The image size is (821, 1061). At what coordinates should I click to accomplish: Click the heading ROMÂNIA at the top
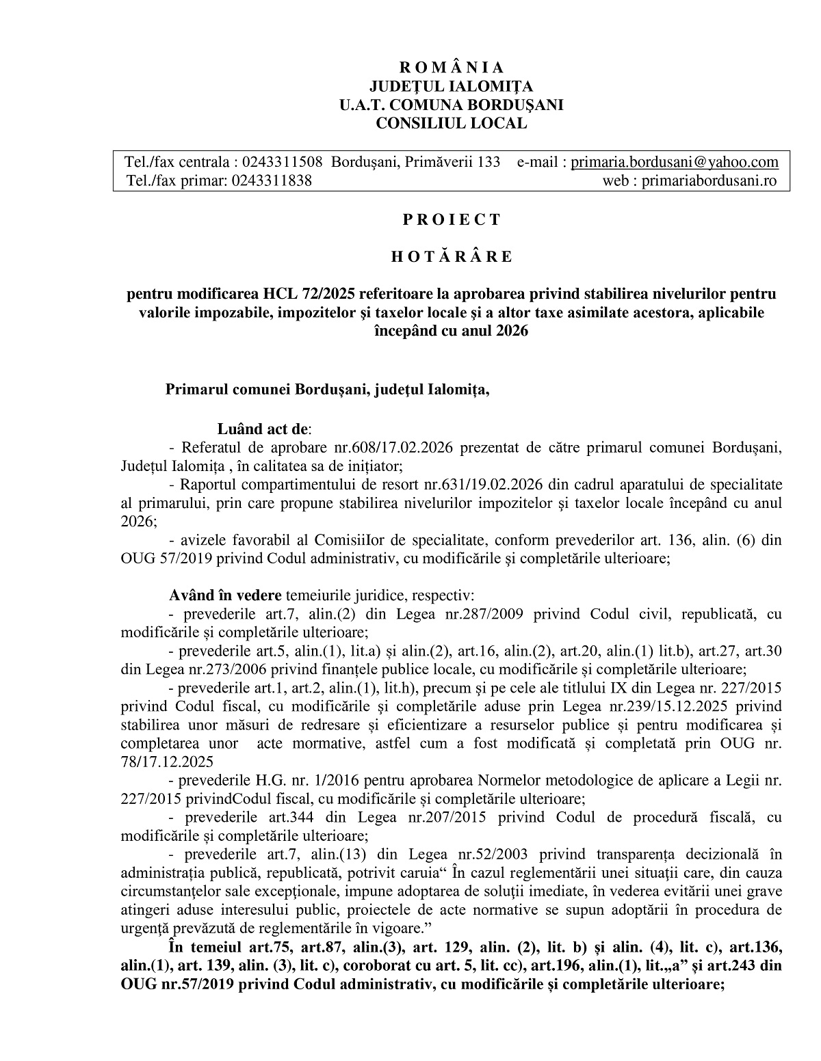point(451,67)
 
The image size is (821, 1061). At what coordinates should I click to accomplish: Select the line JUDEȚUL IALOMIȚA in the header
point(451,86)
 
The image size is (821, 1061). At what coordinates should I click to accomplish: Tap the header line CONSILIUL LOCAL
point(451,124)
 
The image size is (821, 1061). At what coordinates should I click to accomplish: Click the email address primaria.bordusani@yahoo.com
point(675,162)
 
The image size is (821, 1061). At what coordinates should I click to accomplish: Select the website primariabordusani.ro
point(709,180)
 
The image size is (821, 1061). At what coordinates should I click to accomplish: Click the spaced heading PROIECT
point(451,220)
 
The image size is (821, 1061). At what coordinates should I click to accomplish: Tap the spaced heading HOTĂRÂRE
point(451,257)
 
